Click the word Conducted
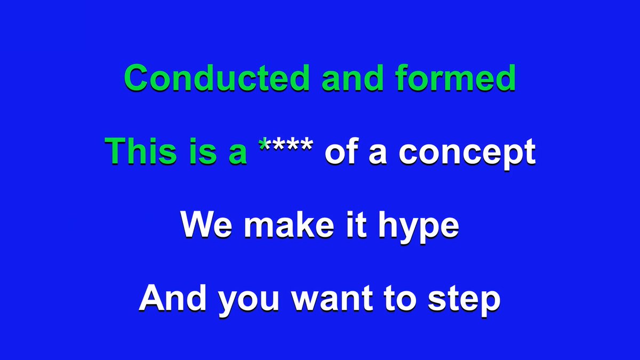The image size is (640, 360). click(x=217, y=78)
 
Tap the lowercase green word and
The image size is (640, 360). click(x=353, y=78)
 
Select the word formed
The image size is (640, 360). click(x=455, y=78)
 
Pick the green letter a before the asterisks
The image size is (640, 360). click(x=238, y=154)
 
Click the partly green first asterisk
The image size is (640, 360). click(x=265, y=145)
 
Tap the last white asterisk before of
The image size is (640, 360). click(x=306, y=145)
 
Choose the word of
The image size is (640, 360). click(x=341, y=151)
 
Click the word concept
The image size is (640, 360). click(x=467, y=154)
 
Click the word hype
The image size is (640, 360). click(x=419, y=227)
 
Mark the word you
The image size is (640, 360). click(x=249, y=301)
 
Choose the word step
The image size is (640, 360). click(x=464, y=301)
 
